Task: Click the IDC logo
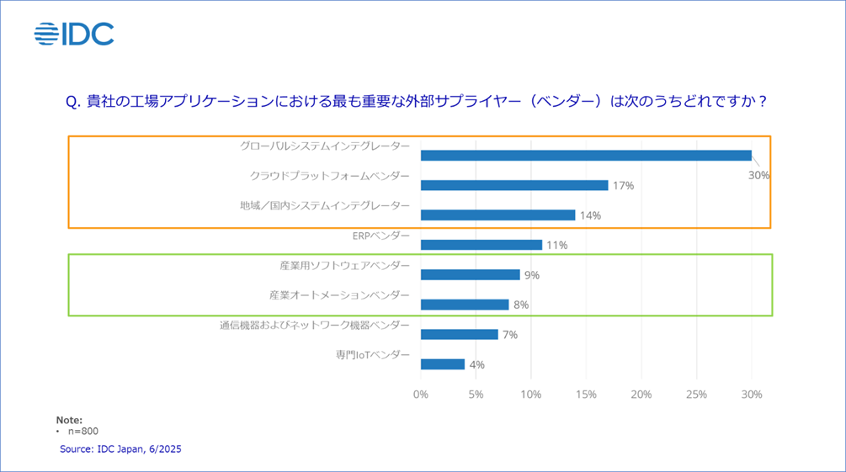[x=74, y=34]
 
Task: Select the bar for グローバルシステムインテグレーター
[x=586, y=156]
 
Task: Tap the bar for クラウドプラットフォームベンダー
[x=513, y=185]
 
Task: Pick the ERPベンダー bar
[x=481, y=245]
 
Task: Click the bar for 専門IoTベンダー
[x=442, y=364]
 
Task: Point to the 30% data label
[x=759, y=176]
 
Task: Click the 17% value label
[x=623, y=185]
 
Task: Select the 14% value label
[x=590, y=215]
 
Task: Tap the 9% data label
[x=531, y=275]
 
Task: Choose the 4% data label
[x=477, y=364]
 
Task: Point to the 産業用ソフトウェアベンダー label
[x=345, y=265]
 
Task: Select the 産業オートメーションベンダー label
[x=340, y=295]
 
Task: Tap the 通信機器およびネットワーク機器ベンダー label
[x=315, y=325]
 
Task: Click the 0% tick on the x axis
[x=421, y=395]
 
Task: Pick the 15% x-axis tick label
[x=587, y=395]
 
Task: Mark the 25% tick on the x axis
[x=697, y=395]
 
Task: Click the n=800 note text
[x=83, y=432]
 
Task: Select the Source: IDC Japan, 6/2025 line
[x=120, y=449]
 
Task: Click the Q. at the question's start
[x=72, y=101]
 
